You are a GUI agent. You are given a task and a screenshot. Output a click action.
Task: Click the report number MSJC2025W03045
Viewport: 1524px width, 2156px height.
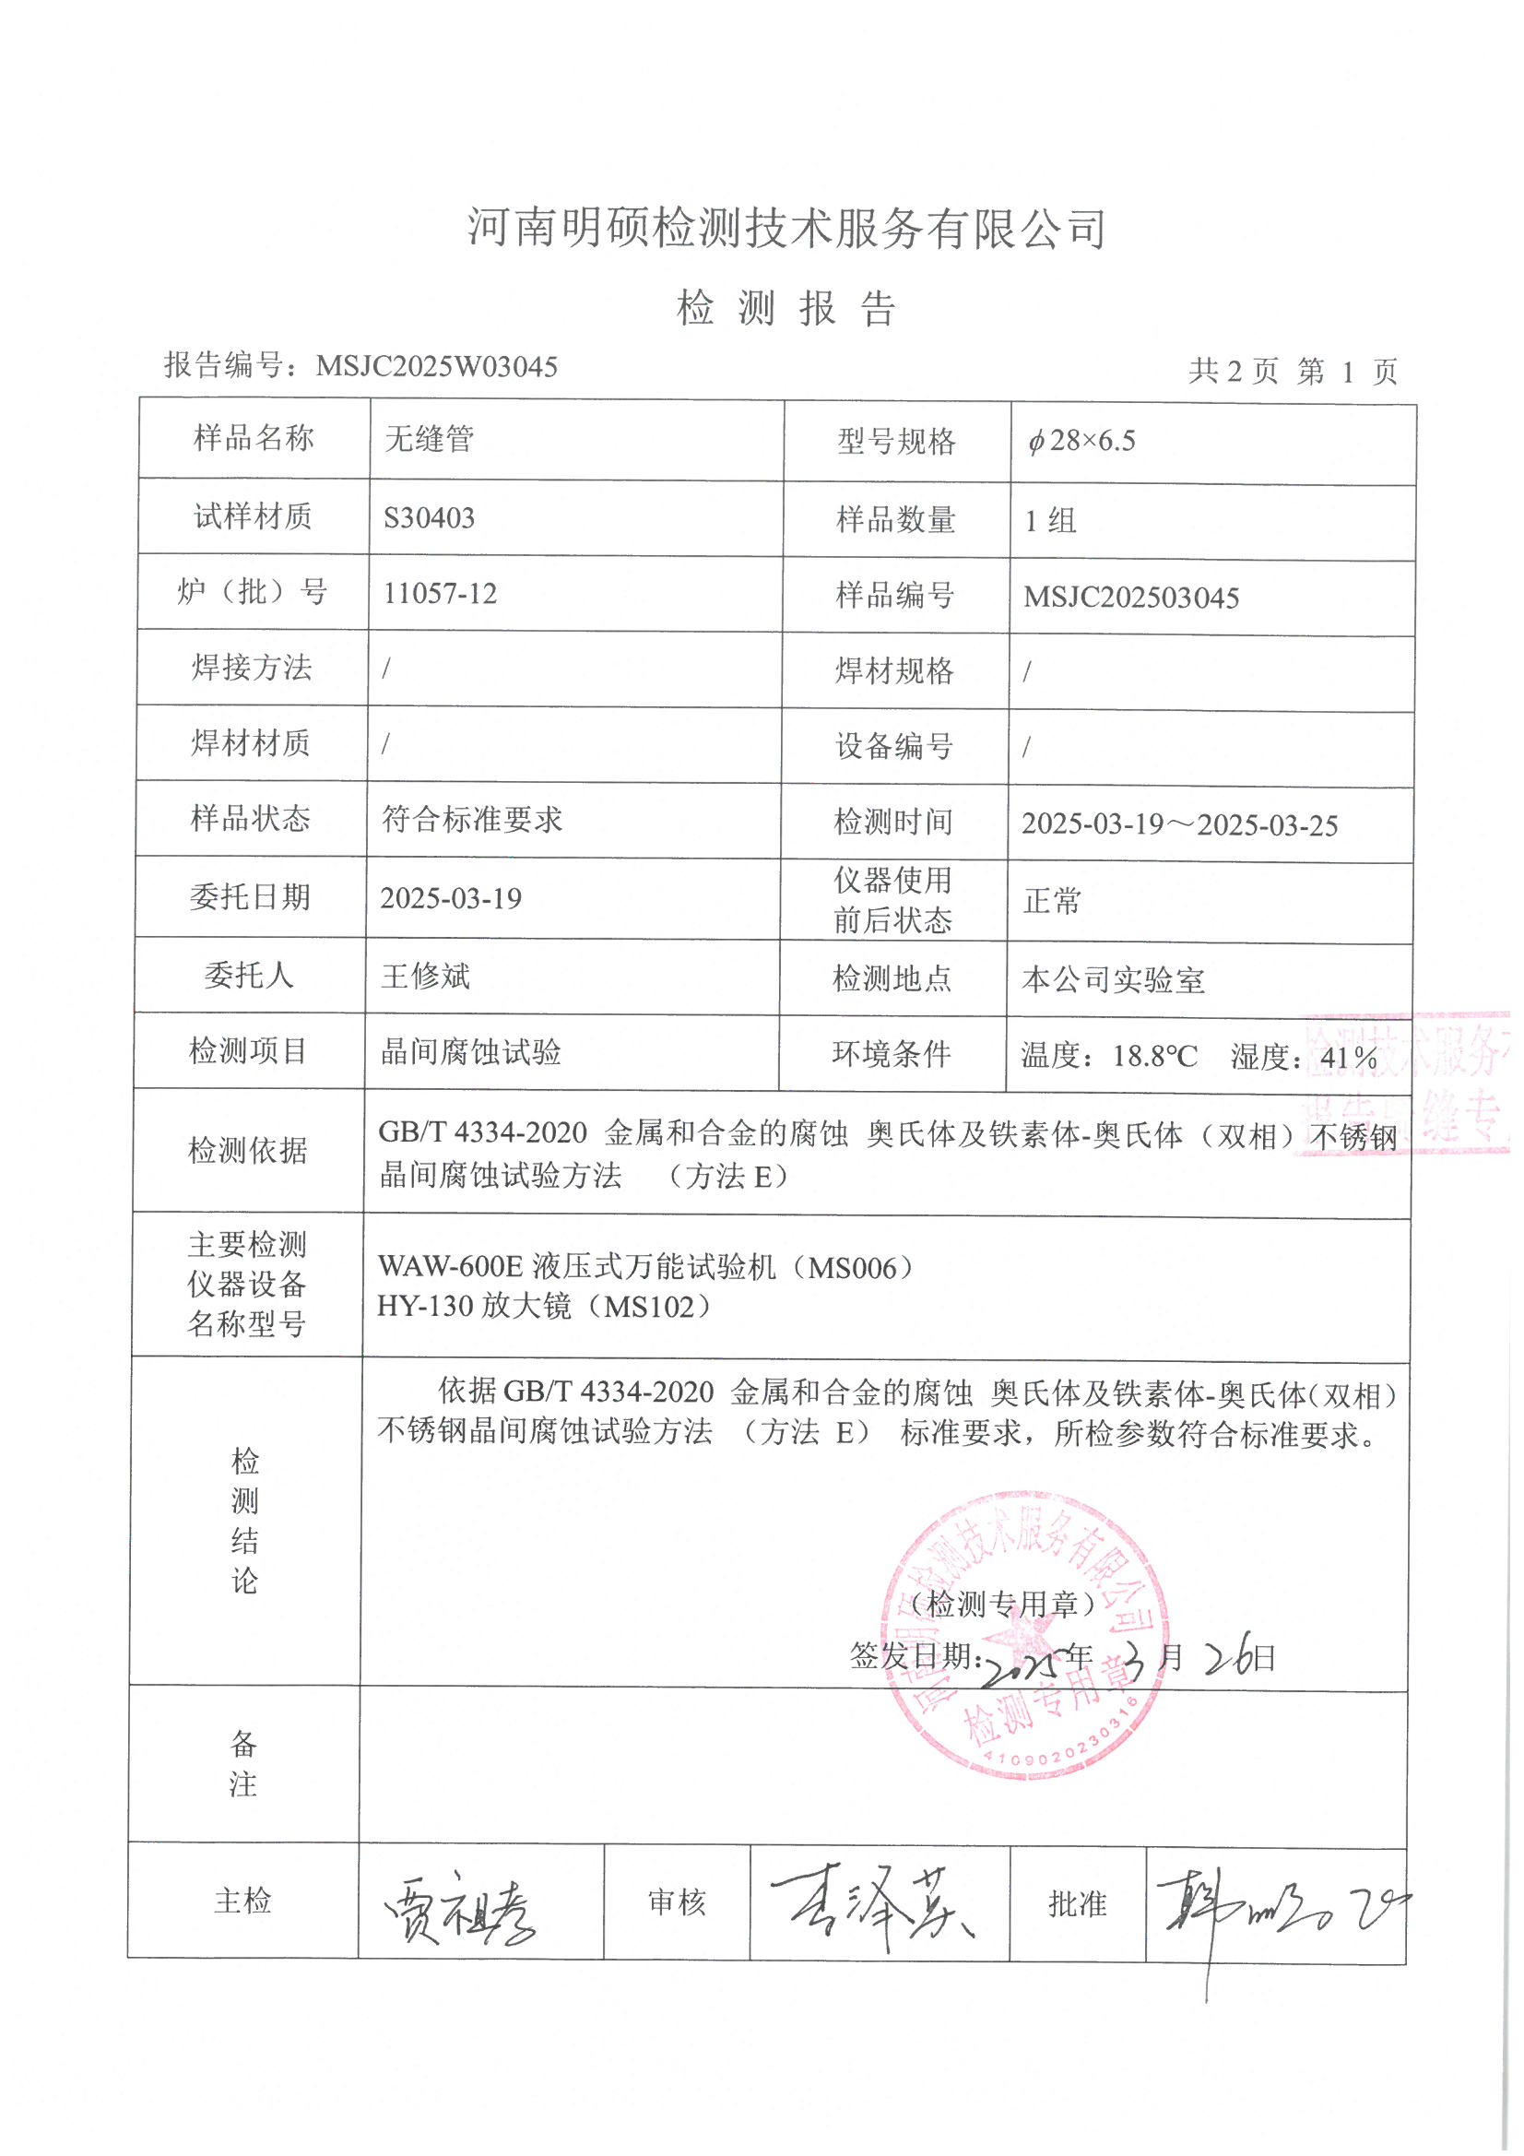click(437, 366)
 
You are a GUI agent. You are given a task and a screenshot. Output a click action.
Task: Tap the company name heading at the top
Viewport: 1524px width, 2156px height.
click(786, 229)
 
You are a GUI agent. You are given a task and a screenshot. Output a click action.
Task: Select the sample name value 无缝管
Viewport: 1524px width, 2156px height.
click(429, 439)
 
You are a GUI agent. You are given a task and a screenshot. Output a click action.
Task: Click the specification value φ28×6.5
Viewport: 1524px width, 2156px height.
click(1081, 441)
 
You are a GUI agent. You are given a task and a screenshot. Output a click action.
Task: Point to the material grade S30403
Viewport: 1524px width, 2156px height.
click(429, 517)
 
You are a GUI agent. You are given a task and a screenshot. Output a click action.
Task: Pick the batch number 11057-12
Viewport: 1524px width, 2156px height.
click(440, 594)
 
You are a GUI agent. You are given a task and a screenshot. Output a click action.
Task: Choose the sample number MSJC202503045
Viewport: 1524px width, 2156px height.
click(1130, 598)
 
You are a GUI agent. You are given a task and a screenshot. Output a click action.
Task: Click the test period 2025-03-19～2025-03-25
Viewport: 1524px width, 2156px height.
click(1179, 824)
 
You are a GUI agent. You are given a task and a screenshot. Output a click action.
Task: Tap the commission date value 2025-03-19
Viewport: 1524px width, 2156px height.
click(451, 899)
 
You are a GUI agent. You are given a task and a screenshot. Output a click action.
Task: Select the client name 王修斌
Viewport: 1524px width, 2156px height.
click(424, 977)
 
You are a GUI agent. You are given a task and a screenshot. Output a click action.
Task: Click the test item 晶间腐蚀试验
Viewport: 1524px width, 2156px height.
click(470, 1051)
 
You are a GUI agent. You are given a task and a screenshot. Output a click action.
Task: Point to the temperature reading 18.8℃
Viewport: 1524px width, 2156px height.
click(1155, 1057)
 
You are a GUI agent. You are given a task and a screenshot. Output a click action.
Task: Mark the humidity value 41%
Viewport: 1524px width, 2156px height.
click(1349, 1059)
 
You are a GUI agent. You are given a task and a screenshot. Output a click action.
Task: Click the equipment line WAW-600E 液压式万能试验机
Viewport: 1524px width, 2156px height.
click(645, 1268)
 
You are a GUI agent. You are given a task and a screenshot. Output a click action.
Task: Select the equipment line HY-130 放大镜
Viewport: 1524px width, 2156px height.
click(545, 1306)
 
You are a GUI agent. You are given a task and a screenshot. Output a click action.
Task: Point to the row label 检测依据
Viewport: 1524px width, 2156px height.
click(248, 1149)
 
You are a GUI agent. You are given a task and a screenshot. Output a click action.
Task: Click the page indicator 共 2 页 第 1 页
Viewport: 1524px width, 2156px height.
click(1293, 372)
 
